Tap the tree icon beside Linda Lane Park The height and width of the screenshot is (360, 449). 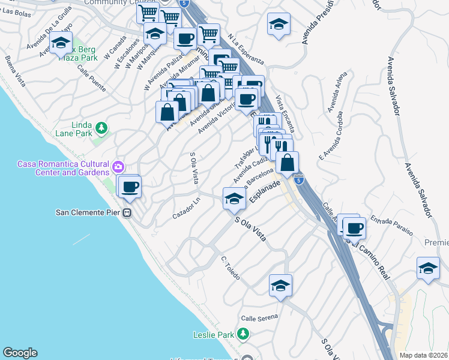point(102,127)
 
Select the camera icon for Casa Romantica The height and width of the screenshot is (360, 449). point(118,165)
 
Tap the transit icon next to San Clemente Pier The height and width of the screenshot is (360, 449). point(127,212)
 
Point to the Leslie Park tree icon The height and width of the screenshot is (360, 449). point(243,334)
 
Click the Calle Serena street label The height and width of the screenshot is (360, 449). point(257,318)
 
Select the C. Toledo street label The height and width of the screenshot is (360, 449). point(231,269)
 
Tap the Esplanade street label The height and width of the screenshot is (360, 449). point(265,193)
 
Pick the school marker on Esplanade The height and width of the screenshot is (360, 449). point(234,199)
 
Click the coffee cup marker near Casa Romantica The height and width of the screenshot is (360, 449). point(130,187)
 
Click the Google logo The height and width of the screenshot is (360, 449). point(20,353)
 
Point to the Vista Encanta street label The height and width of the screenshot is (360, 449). point(285,113)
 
